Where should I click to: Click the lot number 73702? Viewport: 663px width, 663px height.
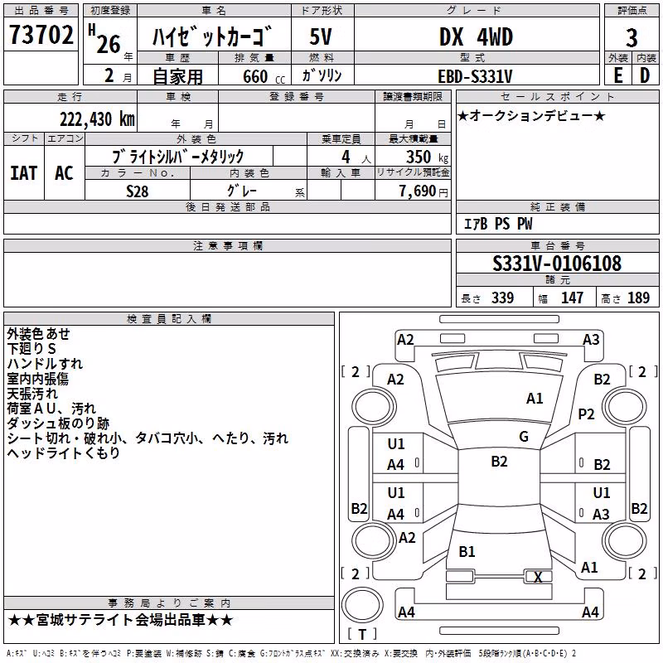point(41,34)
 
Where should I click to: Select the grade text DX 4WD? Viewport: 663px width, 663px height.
point(476,36)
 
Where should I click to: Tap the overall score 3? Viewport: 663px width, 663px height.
point(632,37)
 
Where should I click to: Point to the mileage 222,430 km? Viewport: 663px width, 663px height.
point(97,119)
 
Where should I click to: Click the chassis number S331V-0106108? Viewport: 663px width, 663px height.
point(557,264)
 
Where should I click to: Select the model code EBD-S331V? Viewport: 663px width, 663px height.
point(475,76)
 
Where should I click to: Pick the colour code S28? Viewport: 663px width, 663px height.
point(138,191)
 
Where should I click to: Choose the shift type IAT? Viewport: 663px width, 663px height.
point(24,173)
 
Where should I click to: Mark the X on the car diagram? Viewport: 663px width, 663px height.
point(538,577)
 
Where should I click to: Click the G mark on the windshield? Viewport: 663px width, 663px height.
point(524,437)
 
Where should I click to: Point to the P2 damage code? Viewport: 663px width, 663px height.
point(586,414)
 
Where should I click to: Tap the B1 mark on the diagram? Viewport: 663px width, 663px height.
point(467,551)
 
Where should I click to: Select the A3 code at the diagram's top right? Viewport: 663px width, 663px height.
point(591,340)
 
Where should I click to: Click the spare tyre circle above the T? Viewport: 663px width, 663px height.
point(362,605)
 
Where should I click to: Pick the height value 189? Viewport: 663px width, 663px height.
point(638,298)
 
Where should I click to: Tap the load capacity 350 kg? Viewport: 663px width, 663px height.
point(427,157)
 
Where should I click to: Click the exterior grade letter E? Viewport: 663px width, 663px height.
point(618,75)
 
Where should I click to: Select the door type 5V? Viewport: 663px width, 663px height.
point(321,36)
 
